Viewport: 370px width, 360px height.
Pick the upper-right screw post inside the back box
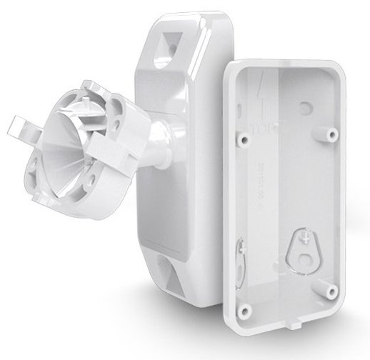(333, 134)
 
